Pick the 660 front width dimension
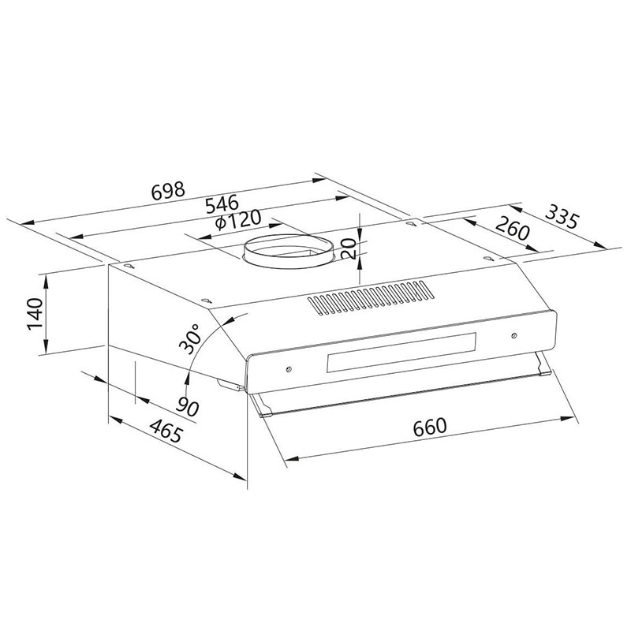pyautogui.click(x=430, y=427)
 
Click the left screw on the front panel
pyautogui.click(x=289, y=368)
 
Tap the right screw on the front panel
pyautogui.click(x=513, y=336)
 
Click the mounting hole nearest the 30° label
pyautogui.click(x=206, y=300)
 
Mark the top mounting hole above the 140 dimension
pyautogui.click(x=127, y=266)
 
